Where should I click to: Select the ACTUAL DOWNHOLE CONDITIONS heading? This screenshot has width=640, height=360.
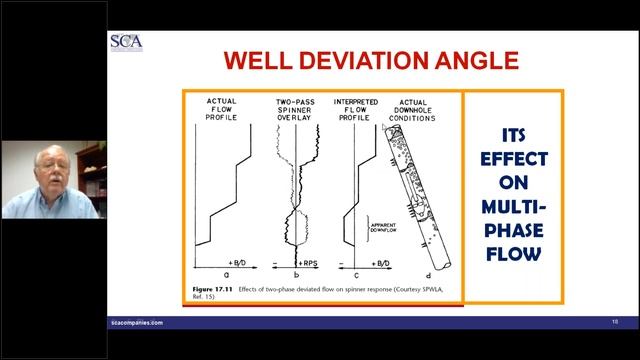(x=417, y=110)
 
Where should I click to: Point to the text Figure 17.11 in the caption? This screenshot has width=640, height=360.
(x=213, y=288)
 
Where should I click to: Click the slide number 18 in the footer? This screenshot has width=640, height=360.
(x=614, y=323)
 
